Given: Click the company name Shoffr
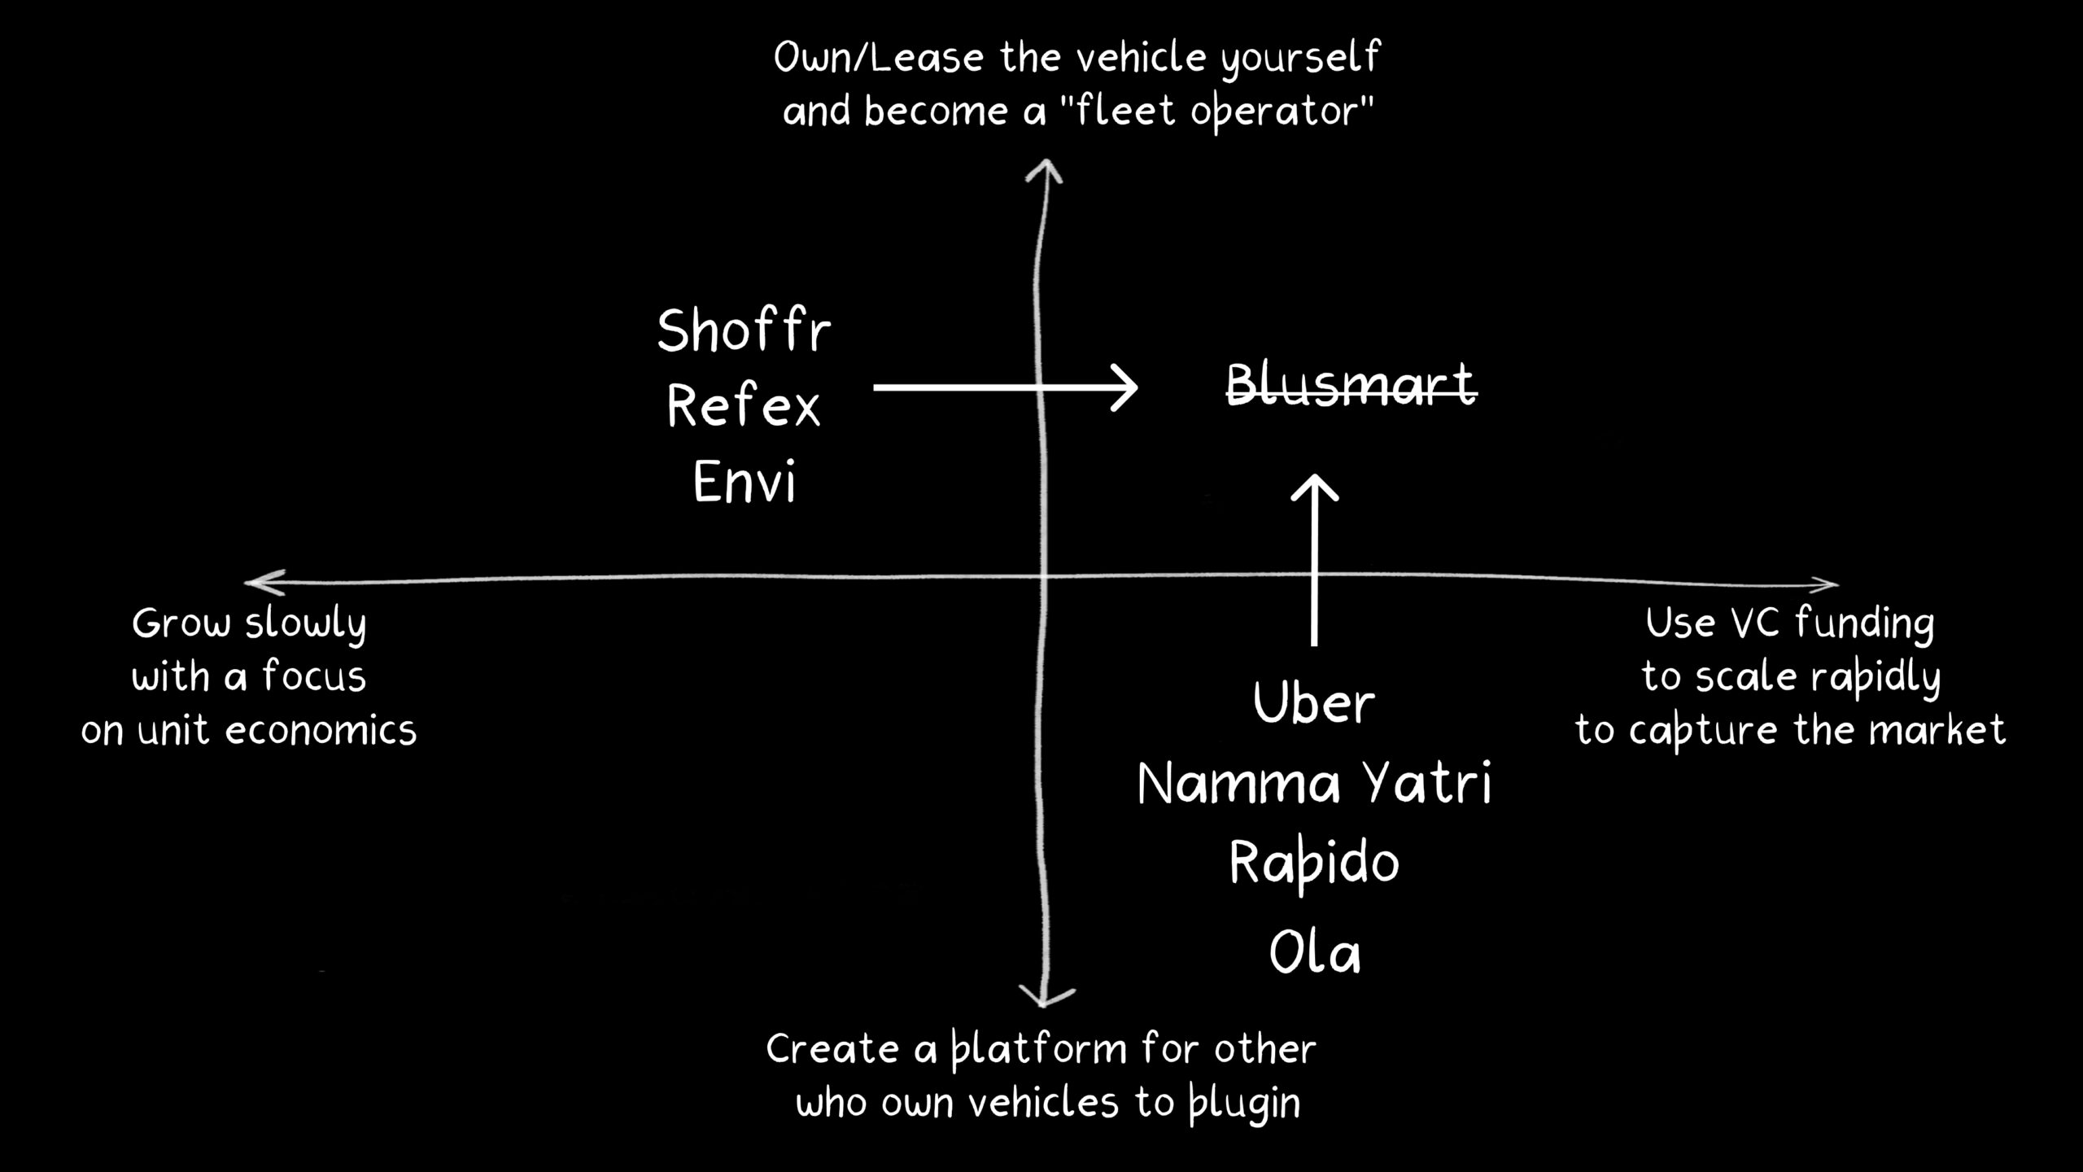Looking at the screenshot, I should point(744,331).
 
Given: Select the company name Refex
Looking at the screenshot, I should point(744,406).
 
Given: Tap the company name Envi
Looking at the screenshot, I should point(744,482).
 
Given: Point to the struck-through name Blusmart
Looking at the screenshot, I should point(1351,384).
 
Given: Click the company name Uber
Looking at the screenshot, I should point(1313,703).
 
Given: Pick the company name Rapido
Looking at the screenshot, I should point(1313,864).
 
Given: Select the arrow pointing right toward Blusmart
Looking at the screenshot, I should point(1005,387).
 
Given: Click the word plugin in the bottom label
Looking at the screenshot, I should point(1244,1104).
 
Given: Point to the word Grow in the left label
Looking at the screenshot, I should point(181,624).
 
